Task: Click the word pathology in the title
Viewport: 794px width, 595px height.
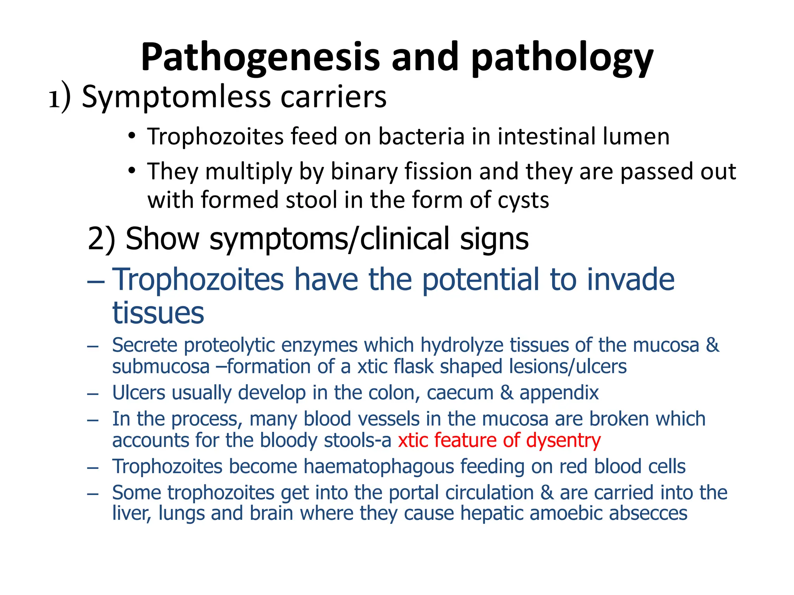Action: point(562,58)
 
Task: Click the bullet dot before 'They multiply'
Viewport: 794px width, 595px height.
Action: point(132,170)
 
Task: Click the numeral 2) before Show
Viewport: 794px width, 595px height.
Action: point(102,239)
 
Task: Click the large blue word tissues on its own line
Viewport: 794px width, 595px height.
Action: point(158,313)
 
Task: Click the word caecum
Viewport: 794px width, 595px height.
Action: point(460,393)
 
